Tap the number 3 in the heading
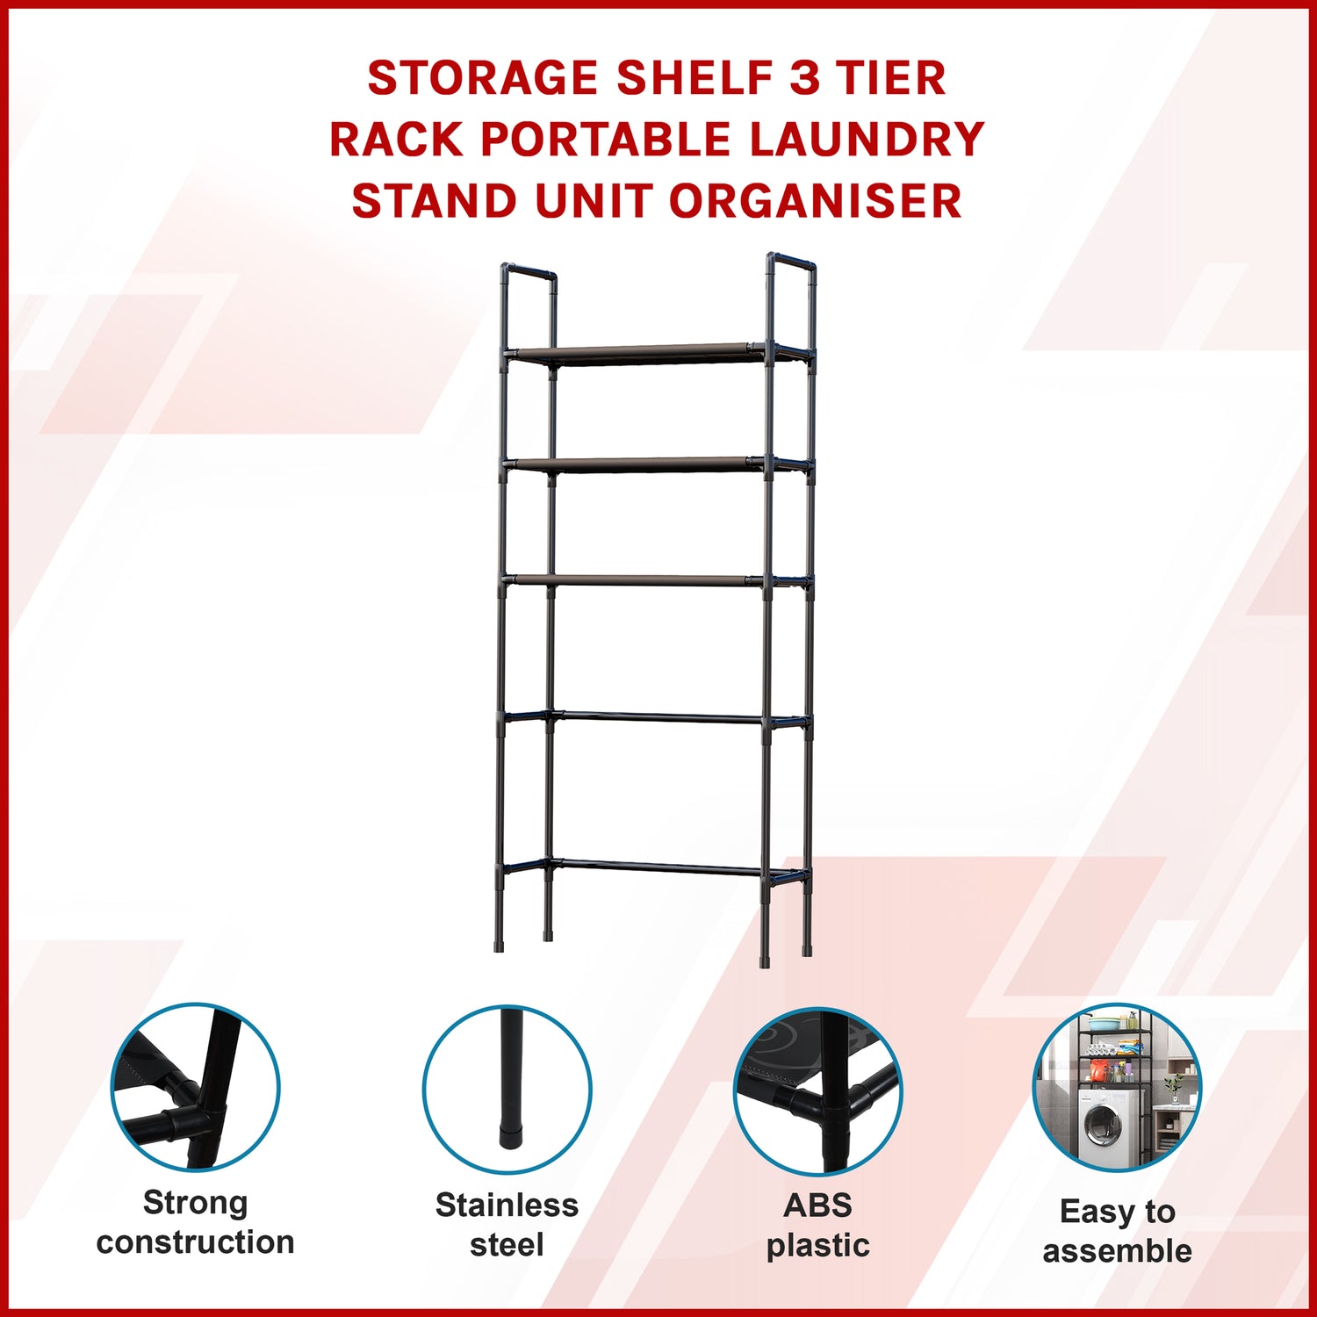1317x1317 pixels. [804, 78]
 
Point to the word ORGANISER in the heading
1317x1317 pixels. [816, 201]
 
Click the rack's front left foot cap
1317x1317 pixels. [500, 947]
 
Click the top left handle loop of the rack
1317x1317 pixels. [529, 271]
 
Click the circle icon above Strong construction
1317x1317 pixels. [195, 1087]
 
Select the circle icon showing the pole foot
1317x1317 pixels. [507, 1089]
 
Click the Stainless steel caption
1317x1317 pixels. [507, 1225]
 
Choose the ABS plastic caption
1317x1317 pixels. [817, 1225]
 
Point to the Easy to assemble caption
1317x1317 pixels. [1117, 1231]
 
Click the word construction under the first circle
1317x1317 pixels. [195, 1242]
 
